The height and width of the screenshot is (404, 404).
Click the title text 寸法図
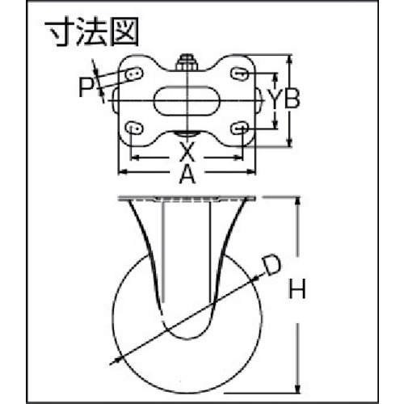[x=92, y=32]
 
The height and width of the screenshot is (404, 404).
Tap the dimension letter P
[x=86, y=86]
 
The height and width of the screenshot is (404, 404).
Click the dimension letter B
[x=292, y=98]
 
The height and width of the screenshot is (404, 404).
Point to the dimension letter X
[x=187, y=151]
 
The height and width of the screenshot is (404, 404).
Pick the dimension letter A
[x=187, y=175]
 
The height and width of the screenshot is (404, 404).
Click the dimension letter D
[x=271, y=266]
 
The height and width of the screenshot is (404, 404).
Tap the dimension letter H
[x=297, y=289]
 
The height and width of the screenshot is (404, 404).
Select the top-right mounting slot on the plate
[x=239, y=73]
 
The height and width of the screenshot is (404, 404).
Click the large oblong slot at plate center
[x=187, y=100]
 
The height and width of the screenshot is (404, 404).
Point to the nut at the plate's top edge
[x=187, y=63]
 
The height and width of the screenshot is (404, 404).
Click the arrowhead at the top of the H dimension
[x=297, y=203]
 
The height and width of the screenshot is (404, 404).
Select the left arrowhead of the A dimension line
[x=123, y=171]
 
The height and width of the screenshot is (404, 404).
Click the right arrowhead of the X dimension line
[x=238, y=158]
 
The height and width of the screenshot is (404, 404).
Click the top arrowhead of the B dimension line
[x=289, y=60]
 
